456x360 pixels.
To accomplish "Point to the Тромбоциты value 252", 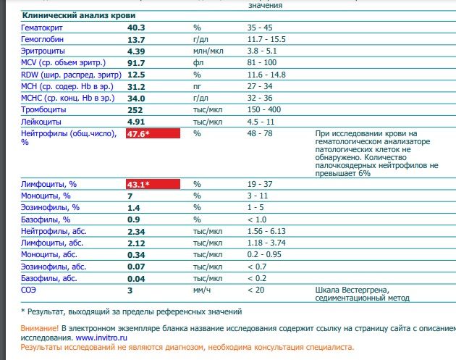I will (x=135, y=110).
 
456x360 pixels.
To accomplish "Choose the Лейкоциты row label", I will (x=43, y=122).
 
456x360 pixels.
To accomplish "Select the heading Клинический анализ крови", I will (x=79, y=15).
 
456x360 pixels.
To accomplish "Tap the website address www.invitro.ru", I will (x=102, y=338).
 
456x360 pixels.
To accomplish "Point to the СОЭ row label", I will (x=29, y=290).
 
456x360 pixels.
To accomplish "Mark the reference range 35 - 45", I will (x=259, y=28).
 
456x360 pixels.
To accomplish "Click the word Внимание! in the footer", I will (x=40, y=327).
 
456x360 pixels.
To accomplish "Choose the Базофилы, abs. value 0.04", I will (x=136, y=278).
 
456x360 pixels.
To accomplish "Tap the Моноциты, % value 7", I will (x=130, y=196).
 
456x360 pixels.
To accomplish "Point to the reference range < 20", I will (x=256, y=290).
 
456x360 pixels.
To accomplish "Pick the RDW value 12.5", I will (x=136, y=75).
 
